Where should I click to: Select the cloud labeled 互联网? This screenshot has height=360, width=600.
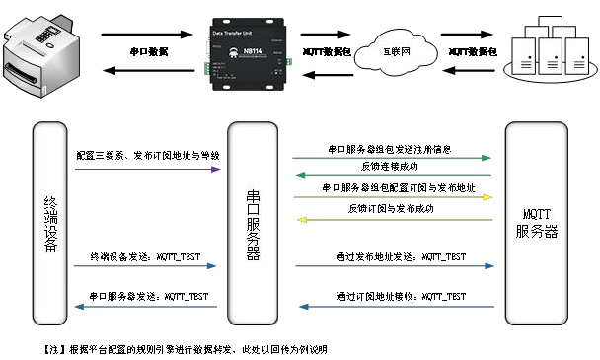[395, 48]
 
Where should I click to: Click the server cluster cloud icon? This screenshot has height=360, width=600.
[547, 49]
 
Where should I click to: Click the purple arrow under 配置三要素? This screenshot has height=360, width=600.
[147, 169]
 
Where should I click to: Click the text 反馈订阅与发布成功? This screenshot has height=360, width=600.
[390, 209]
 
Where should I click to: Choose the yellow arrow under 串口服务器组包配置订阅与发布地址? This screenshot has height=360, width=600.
[392, 197]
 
